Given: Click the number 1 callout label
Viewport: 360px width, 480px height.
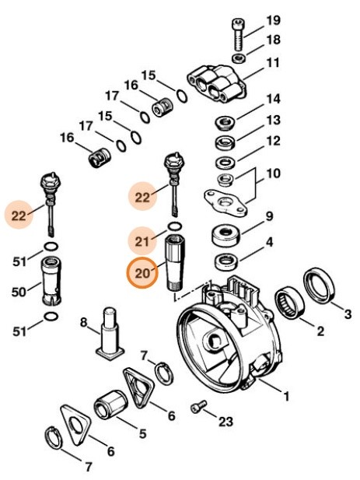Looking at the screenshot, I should pos(285,397).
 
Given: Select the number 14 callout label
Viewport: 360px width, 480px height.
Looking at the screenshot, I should pos(272,100).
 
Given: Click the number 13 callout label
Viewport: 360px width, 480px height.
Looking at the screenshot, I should pos(272,121).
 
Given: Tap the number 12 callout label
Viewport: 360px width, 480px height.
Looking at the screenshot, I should pos(272,142).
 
